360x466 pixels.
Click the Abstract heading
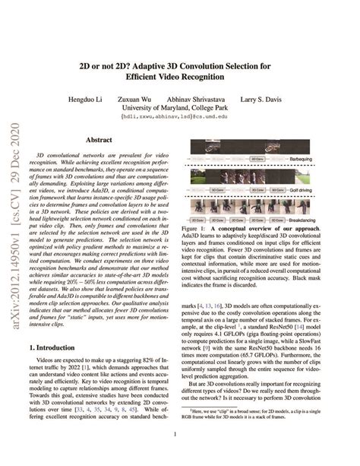point(99,141)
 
